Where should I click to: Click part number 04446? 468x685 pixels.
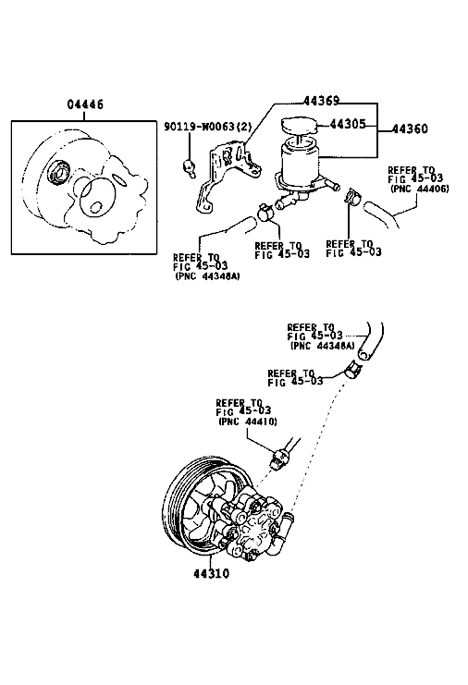tap(85, 104)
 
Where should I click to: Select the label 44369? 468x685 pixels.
tap(321, 101)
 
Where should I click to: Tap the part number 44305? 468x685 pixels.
tap(348, 124)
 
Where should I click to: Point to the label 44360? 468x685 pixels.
tap(410, 128)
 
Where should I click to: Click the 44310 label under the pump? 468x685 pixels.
tap(212, 573)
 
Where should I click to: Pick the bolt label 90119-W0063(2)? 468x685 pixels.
tap(208, 127)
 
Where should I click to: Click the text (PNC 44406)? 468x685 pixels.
tap(419, 189)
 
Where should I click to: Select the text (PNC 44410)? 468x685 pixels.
tap(247, 422)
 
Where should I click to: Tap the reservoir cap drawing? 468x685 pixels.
tap(300, 125)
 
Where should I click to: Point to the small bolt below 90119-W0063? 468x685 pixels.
tap(189, 166)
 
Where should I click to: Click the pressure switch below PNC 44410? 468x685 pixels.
tap(277, 459)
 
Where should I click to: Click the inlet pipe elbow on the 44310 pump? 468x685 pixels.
tap(279, 533)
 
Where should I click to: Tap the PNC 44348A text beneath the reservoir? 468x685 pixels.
tap(207, 276)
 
